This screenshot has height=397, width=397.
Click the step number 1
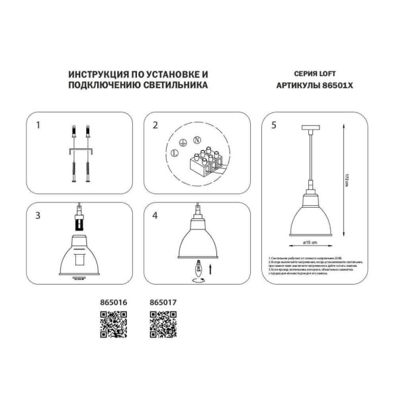tap(38, 124)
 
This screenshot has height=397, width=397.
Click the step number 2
tap(155, 124)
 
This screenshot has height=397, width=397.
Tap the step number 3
tap(38, 215)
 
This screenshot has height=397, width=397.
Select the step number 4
tap(155, 215)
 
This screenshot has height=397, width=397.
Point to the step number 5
tap(275, 124)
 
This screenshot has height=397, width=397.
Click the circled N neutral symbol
tap(197, 140)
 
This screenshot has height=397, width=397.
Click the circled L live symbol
tap(173, 153)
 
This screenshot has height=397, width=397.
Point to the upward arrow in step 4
tap(211, 269)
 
